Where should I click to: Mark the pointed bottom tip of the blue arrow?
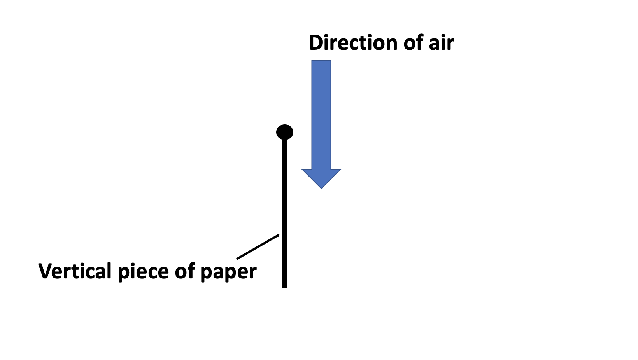[x=321, y=188]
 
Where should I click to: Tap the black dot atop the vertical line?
[x=285, y=132]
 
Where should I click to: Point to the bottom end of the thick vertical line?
[x=285, y=287]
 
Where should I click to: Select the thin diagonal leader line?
[x=258, y=246]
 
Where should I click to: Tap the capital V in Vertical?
[x=45, y=271]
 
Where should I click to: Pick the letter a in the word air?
[x=433, y=44]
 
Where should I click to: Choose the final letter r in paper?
[x=253, y=272]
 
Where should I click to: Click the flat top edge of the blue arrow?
[x=321, y=61]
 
